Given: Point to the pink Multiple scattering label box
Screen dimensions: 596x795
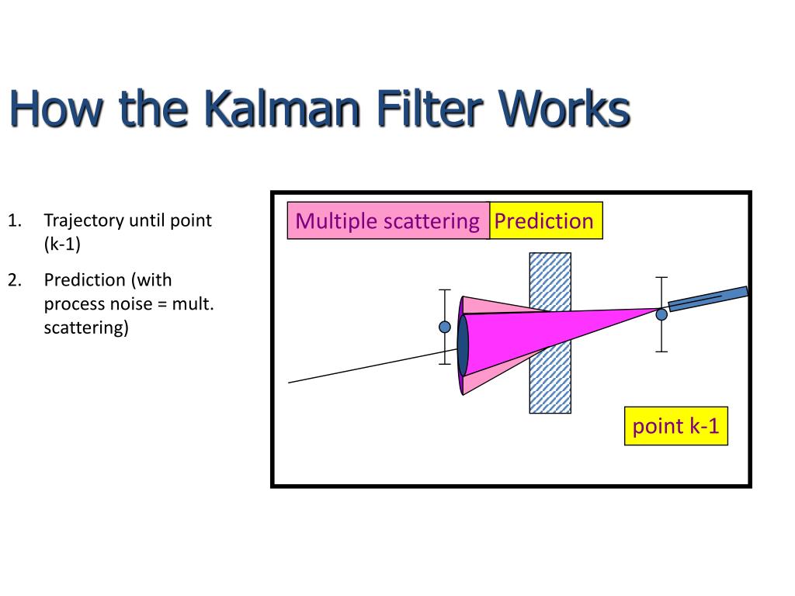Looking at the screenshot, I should coord(387,221).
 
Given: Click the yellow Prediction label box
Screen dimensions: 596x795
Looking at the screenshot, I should coord(544,221).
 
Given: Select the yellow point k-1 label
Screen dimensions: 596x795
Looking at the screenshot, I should coord(675,426).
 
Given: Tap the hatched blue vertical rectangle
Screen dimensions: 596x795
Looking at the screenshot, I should coord(550,372).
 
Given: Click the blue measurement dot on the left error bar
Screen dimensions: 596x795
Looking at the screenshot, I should coord(445,327).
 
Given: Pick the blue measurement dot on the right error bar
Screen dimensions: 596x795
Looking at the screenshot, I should coord(661,314).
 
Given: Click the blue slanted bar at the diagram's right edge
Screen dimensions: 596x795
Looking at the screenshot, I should coord(708,299).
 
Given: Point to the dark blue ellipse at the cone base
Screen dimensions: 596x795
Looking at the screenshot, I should coord(463,346).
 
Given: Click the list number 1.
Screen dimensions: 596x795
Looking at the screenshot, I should coord(14,221).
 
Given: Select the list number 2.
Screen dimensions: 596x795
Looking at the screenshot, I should coord(14,280).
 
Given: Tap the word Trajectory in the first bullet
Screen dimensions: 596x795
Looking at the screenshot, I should coord(84,221).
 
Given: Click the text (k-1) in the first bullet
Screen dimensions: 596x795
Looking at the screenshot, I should coord(62,244).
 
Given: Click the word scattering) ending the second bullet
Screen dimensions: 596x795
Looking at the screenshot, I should coord(86,327).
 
